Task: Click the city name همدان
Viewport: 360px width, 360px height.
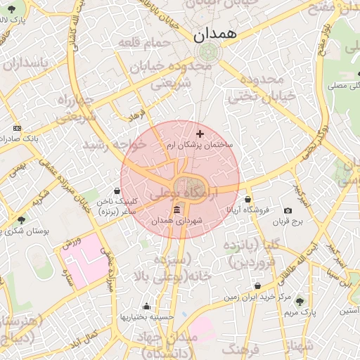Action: [215, 33]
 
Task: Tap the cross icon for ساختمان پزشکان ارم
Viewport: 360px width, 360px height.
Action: [200, 133]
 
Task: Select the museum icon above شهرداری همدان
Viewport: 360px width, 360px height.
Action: [176, 211]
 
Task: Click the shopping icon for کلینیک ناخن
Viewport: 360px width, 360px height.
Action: [118, 191]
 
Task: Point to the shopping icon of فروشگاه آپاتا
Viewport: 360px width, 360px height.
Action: [247, 199]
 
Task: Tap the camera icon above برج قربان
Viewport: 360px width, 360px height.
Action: [288, 211]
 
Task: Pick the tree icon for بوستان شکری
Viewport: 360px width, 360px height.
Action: [20, 220]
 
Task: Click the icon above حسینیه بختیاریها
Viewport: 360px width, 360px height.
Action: [146, 307]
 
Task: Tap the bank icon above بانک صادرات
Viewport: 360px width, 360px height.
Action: [18, 129]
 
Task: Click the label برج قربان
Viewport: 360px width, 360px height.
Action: [288, 221]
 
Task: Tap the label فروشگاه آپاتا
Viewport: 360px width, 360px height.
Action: [247, 210]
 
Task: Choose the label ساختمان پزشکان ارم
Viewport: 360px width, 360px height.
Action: [200, 144]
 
